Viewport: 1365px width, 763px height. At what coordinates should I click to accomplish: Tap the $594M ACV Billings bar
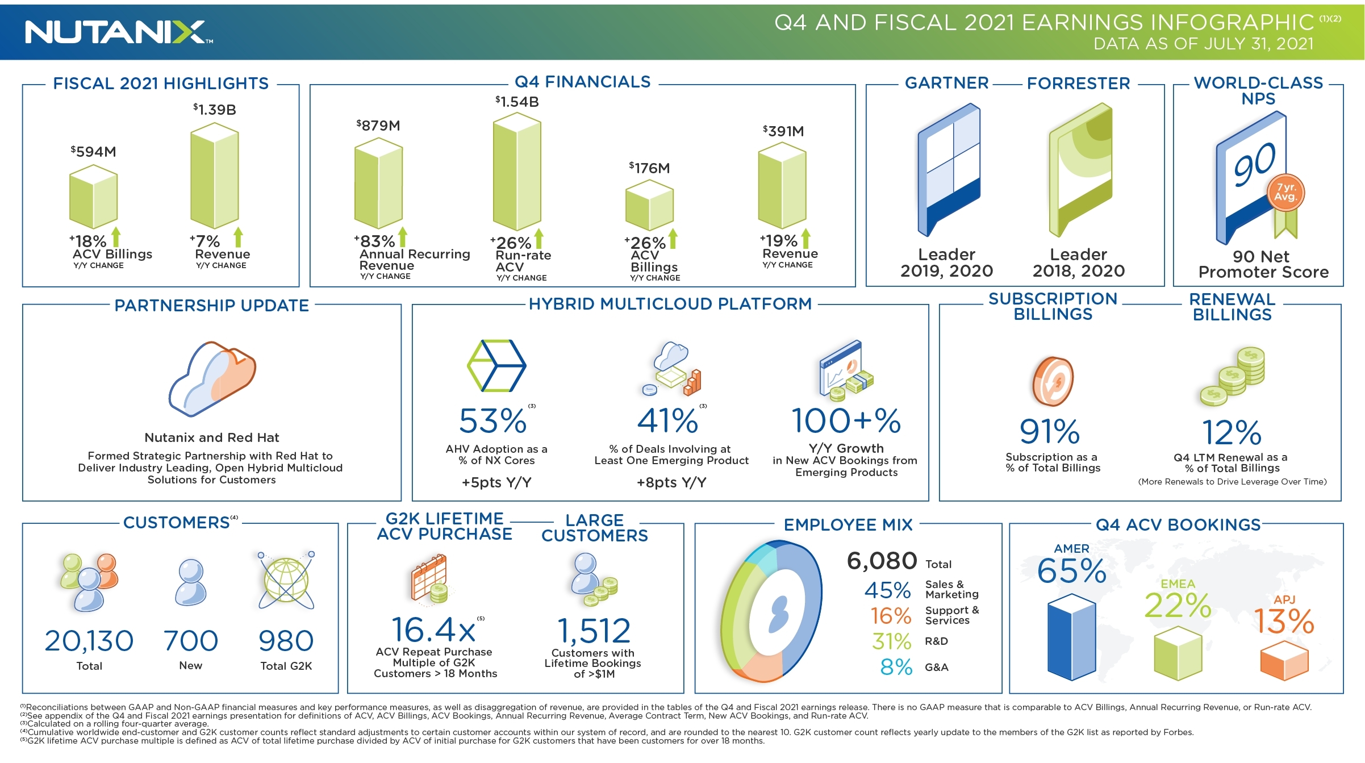93,197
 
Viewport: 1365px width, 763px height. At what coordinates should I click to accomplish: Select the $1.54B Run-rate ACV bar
516,173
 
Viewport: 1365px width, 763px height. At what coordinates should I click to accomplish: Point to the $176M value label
649,168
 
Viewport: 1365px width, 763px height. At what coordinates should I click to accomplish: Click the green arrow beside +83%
402,237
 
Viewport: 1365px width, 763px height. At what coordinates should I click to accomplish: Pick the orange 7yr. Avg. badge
1285,193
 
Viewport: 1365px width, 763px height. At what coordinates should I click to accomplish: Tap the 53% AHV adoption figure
492,421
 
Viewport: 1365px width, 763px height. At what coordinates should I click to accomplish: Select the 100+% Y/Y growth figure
846,421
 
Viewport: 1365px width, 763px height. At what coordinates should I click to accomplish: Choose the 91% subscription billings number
1049,432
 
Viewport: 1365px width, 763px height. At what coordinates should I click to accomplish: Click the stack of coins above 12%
1232,376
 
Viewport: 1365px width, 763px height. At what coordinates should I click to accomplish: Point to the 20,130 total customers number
89,641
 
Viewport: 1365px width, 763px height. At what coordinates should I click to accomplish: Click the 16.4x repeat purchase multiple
433,629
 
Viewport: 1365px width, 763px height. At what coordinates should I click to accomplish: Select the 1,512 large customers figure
594,631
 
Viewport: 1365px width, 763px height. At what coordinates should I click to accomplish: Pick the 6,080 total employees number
882,561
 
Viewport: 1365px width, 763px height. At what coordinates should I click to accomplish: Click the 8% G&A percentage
896,667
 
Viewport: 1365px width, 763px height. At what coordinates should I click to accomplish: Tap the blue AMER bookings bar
1071,637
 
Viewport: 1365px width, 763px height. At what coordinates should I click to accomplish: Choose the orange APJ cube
1284,661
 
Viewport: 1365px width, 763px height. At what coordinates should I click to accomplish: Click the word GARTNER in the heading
946,84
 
